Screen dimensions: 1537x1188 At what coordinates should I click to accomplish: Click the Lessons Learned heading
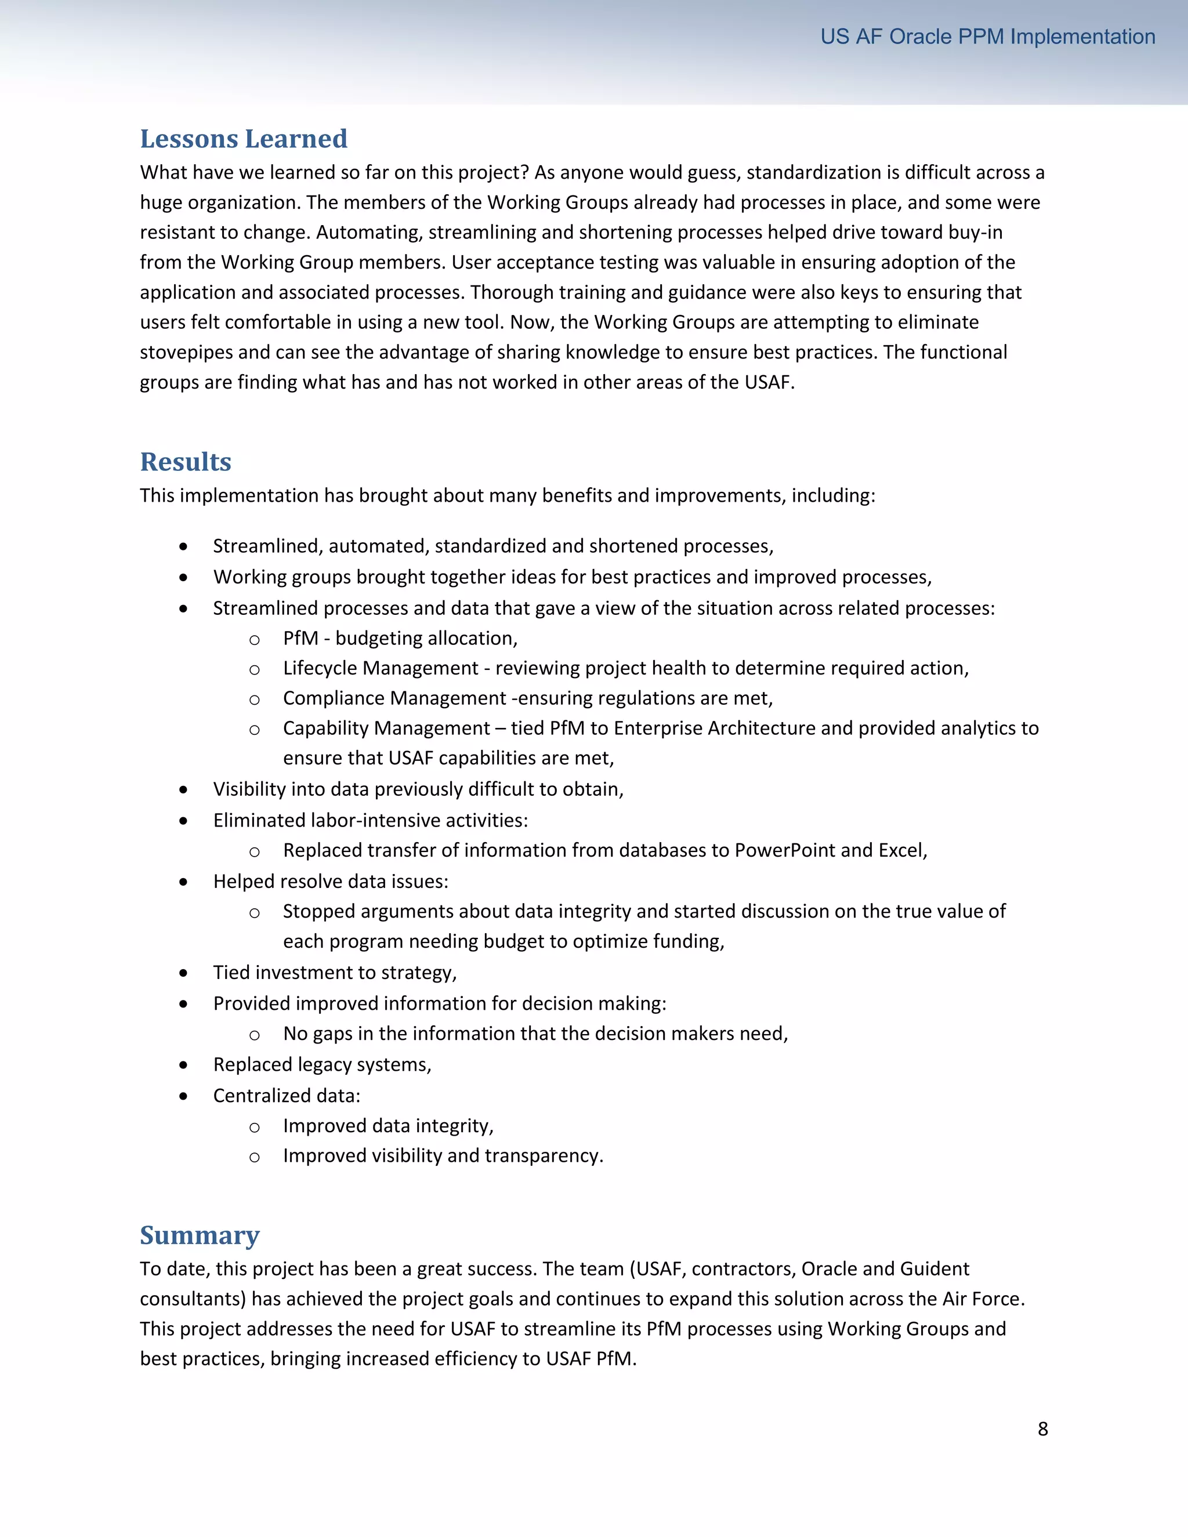(244, 139)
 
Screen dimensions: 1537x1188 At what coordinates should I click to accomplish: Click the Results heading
(185, 462)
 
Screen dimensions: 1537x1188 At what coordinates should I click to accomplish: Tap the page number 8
(1042, 1429)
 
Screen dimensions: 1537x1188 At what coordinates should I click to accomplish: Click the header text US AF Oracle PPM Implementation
(987, 37)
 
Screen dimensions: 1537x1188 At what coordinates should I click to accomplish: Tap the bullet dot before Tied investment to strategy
(183, 973)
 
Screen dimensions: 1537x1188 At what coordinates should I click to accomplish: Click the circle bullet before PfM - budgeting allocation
(254, 640)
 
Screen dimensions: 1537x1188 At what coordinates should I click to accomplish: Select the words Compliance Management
(394, 698)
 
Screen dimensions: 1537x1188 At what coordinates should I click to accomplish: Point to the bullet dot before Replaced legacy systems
(183, 1065)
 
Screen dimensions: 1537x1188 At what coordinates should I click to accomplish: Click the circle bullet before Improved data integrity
(254, 1128)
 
